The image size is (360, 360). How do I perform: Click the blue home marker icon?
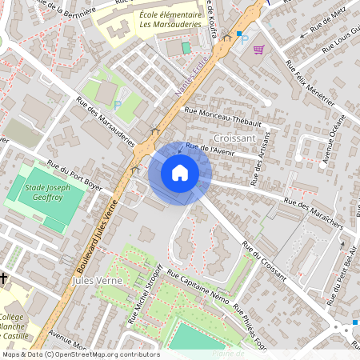point(179,173)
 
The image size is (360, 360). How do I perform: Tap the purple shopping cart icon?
point(258,50)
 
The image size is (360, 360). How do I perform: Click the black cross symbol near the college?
point(4,278)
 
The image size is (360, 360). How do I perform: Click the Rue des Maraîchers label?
point(313,210)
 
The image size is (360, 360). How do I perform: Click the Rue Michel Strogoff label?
point(146,294)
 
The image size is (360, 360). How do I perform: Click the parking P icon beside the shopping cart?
point(246,38)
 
